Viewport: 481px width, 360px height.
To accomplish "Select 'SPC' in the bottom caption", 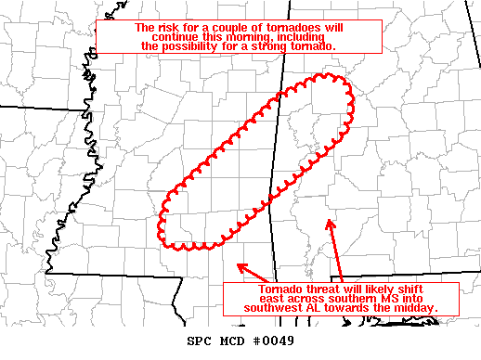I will click(x=201, y=341).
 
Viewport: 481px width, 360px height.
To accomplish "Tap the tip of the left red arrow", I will click(x=239, y=264).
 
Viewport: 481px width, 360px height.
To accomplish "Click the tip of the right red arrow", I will click(x=328, y=219).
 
